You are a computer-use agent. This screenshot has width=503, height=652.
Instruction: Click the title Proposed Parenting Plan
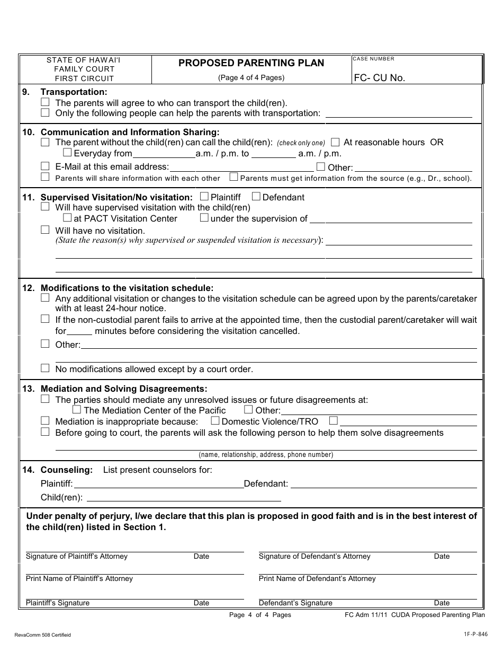tap(251, 63)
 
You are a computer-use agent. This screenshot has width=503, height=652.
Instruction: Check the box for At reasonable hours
tap(335, 142)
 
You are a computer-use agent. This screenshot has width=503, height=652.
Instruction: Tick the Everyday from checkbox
tap(67, 153)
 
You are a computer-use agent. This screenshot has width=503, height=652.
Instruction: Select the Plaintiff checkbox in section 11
tap(204, 197)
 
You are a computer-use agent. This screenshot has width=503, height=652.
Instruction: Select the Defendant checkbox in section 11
tap(256, 197)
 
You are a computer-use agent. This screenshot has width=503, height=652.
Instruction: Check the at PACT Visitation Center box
tap(67, 218)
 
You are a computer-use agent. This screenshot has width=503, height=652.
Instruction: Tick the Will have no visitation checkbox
tap(45, 230)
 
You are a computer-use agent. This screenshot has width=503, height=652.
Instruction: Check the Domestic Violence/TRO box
tap(215, 421)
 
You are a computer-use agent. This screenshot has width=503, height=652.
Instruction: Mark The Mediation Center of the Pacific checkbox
tap(77, 410)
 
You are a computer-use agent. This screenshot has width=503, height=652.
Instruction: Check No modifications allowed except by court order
tap(45, 368)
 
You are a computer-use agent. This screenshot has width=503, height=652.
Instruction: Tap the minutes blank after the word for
tap(79, 331)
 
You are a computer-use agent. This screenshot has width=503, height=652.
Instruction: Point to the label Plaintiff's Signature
tap(58, 603)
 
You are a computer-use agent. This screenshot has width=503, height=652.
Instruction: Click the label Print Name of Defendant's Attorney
tap(317, 578)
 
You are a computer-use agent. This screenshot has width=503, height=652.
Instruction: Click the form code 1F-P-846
tap(473, 634)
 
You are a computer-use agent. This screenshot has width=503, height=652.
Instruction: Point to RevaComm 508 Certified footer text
tap(43, 635)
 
